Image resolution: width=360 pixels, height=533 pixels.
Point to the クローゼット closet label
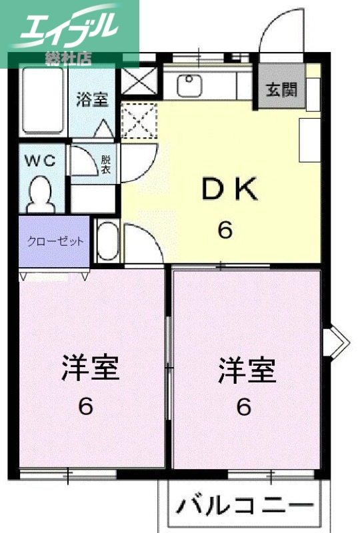(x=55, y=241)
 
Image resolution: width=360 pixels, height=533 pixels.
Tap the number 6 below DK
(x=225, y=231)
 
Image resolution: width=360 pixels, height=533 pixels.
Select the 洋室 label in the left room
(x=90, y=368)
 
